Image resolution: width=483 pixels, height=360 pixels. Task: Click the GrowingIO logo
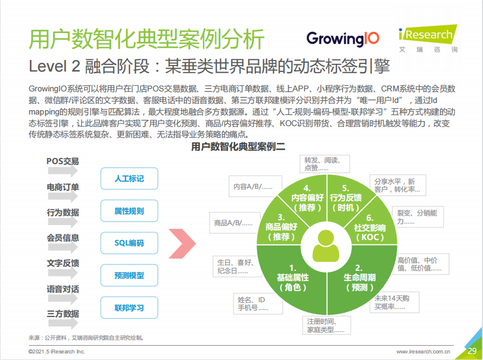(343, 39)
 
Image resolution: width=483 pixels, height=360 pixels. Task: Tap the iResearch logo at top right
(428, 39)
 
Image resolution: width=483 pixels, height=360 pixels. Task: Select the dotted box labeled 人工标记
(129, 178)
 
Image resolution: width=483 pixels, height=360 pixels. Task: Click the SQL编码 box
(129, 243)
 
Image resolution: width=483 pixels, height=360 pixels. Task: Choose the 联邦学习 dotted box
(129, 307)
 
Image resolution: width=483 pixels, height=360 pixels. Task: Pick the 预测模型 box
(129, 275)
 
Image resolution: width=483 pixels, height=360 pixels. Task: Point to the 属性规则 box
(129, 211)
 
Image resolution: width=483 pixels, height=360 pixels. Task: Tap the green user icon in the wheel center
(326, 247)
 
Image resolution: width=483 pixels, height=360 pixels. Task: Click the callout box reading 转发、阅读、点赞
(325, 164)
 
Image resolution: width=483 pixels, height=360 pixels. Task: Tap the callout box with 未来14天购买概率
(394, 302)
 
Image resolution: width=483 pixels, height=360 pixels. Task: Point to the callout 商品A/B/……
(235, 222)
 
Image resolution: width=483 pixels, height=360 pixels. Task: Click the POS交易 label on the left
(63, 161)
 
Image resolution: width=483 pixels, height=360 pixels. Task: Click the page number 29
(472, 351)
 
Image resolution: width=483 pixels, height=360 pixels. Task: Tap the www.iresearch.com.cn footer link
(423, 352)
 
